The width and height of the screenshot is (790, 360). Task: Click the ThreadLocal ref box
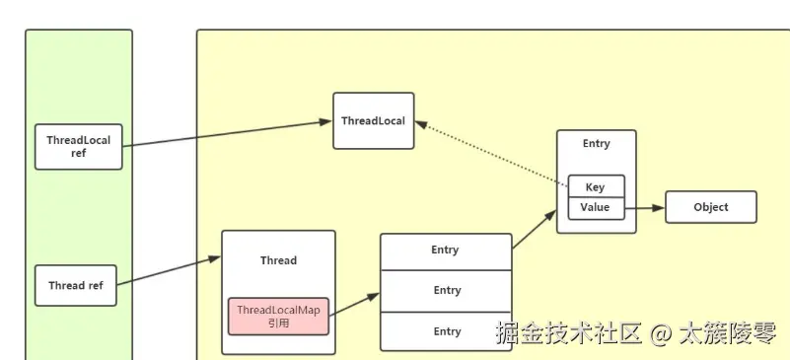click(79, 146)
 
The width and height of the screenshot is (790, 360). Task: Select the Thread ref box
click(75, 286)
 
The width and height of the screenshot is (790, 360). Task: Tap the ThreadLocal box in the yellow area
click(373, 120)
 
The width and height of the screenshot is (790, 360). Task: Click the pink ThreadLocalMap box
click(278, 316)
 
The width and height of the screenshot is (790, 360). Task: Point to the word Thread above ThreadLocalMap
click(278, 260)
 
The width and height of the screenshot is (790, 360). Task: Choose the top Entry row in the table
click(446, 251)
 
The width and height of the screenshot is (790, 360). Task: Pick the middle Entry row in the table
click(446, 290)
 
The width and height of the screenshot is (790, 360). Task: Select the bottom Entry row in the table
click(446, 331)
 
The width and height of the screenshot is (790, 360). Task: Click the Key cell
click(595, 186)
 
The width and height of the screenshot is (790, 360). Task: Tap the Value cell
click(595, 208)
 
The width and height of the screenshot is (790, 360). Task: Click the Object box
click(710, 207)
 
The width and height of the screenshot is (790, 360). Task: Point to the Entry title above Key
click(596, 144)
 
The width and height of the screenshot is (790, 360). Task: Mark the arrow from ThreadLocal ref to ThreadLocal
click(227, 134)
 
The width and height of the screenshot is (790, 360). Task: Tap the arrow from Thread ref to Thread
click(169, 272)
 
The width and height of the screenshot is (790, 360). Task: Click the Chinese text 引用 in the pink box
click(278, 324)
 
